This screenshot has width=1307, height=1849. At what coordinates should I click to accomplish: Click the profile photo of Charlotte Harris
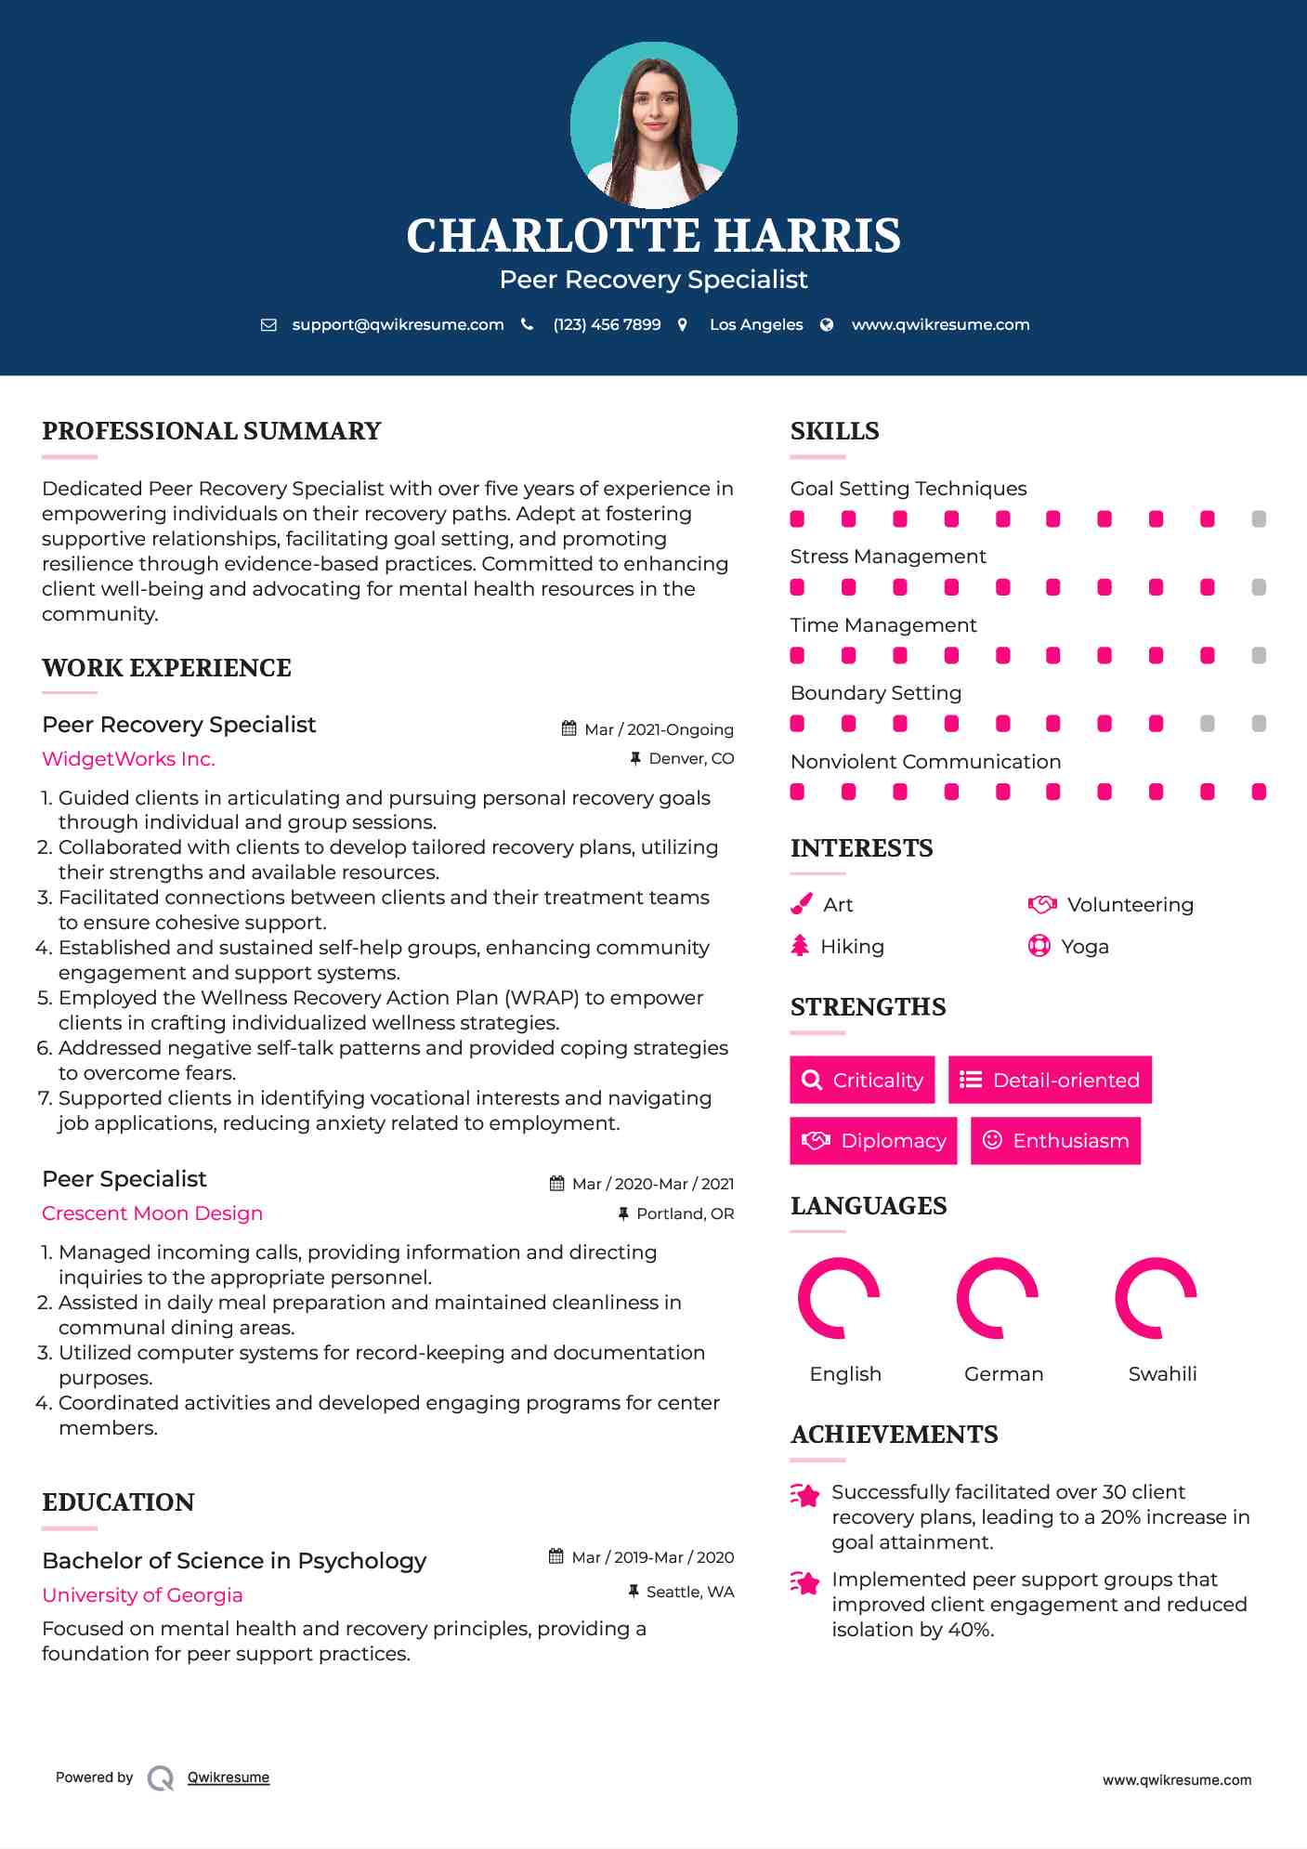pos(653,125)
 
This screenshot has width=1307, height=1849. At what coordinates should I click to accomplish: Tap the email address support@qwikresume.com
pos(398,324)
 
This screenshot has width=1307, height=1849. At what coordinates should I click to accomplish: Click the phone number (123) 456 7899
pos(607,324)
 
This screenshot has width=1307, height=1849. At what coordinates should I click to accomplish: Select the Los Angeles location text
pos(755,324)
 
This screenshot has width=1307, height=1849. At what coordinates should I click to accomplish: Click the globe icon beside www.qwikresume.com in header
pos(827,324)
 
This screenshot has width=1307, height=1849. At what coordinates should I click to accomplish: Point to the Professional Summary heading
pos(212,431)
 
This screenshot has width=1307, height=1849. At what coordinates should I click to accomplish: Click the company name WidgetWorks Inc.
pos(128,759)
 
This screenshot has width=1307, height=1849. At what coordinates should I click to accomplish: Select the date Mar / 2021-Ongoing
pos(659,729)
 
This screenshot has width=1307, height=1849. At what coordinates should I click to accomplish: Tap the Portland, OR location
pos(685,1213)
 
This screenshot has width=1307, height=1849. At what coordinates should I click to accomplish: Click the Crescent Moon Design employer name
pos(152,1213)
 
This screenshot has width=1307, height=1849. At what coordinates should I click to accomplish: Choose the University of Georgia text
pos(142,1595)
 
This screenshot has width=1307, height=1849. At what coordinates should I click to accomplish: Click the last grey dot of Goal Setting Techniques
pos(1259,519)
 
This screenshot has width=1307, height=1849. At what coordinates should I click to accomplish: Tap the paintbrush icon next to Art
pos(801,904)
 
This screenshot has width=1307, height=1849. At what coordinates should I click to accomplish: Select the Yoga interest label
pos(1084,947)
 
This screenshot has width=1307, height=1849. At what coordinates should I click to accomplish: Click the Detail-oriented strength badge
pos(1050,1080)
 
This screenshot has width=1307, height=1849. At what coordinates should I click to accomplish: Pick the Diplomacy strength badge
pos(873,1140)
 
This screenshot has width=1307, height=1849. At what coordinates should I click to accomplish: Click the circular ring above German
pos(998,1298)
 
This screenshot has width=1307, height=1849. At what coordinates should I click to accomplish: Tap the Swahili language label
pos(1162,1374)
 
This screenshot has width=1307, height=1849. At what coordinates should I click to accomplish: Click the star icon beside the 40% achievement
pos(805,1582)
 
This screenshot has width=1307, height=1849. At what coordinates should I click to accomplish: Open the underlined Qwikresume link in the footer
pos(229,1777)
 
